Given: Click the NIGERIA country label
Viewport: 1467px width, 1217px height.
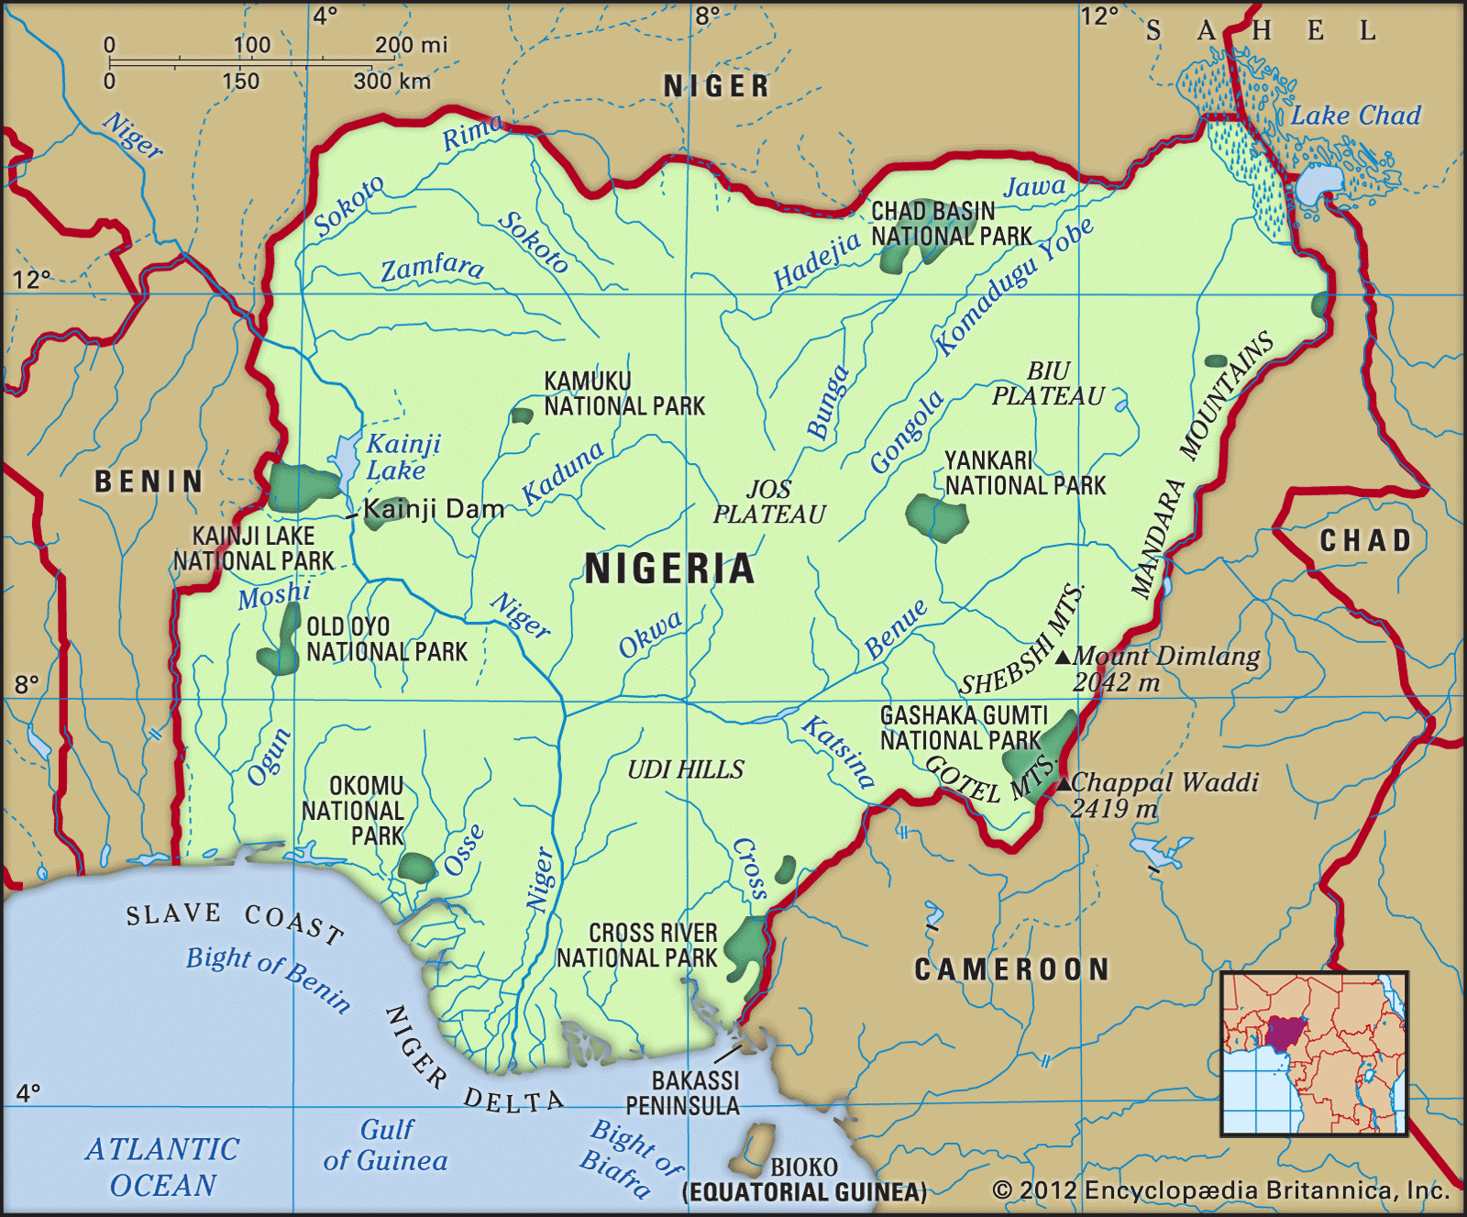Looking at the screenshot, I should (x=669, y=569).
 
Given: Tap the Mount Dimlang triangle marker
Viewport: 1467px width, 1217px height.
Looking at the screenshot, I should (x=1063, y=657).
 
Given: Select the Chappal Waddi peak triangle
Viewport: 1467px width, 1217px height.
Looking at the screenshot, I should (x=1064, y=783).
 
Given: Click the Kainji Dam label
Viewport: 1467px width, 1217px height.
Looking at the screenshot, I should (x=434, y=509).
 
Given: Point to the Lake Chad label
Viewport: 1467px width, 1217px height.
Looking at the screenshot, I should (x=1355, y=116).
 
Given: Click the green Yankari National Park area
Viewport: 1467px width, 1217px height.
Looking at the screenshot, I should (x=936, y=517).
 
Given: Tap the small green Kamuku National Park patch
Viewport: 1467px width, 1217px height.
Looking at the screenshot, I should (x=522, y=415).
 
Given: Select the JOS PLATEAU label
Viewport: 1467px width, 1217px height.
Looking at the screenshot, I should (x=769, y=502).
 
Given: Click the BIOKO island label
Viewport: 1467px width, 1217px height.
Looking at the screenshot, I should (x=803, y=1167).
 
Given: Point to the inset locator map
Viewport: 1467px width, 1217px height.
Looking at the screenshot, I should (x=1314, y=1054).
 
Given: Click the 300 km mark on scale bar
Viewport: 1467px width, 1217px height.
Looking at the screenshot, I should (x=392, y=81).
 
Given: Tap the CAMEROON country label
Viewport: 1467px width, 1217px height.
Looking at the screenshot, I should (x=1011, y=969).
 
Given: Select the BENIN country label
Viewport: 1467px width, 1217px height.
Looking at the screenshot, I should (x=149, y=481).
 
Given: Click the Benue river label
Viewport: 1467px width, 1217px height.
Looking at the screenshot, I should (x=896, y=629).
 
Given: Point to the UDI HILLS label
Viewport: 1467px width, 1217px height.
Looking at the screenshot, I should (x=686, y=769).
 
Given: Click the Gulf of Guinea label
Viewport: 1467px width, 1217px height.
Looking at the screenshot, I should (x=385, y=1145).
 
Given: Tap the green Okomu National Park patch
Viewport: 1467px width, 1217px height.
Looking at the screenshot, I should (x=417, y=868).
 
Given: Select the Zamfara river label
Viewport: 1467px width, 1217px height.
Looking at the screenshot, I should (x=432, y=268).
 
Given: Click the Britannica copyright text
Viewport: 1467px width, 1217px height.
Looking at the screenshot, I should (x=1220, y=1190).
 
